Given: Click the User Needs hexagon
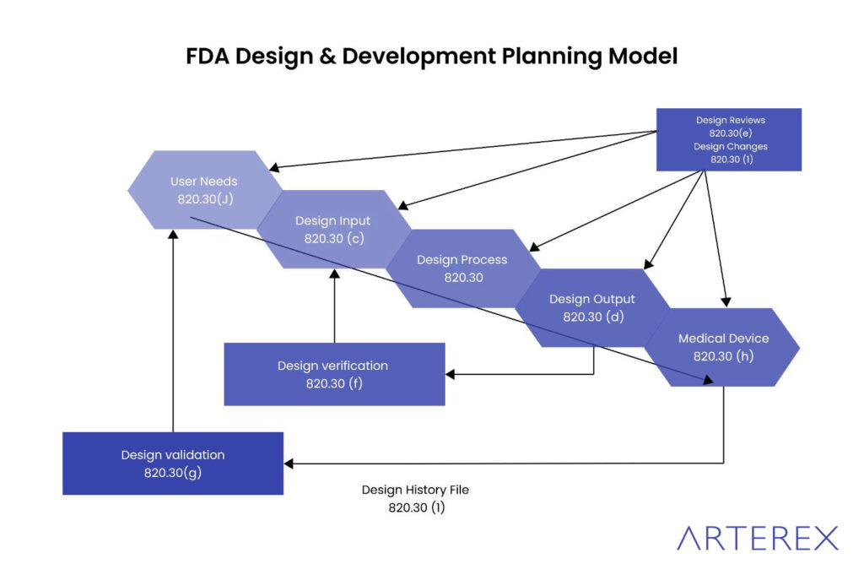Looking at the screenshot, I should tap(203, 190).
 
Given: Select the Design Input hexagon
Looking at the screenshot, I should tap(333, 229).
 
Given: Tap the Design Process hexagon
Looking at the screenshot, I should tap(462, 268).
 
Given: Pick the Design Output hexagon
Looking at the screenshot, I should tap(591, 307).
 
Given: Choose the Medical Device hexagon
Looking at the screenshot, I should tap(723, 346).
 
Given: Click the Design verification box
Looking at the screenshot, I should tap(333, 374).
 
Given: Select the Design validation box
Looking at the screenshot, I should tap(172, 463).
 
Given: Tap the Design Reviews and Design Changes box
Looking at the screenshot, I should tap(730, 139).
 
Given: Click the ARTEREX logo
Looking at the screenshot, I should tap(758, 538).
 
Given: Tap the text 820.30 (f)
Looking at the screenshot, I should tap(333, 383).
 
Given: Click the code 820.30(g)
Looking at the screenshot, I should tap(172, 473).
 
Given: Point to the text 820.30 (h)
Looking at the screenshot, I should tap(723, 356).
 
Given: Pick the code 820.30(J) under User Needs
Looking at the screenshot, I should tap(203, 200).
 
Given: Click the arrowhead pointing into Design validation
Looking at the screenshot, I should tap(289, 463).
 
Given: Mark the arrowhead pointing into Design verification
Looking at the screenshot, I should tap(451, 373).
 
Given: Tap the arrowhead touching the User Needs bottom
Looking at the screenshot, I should tap(173, 234).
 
